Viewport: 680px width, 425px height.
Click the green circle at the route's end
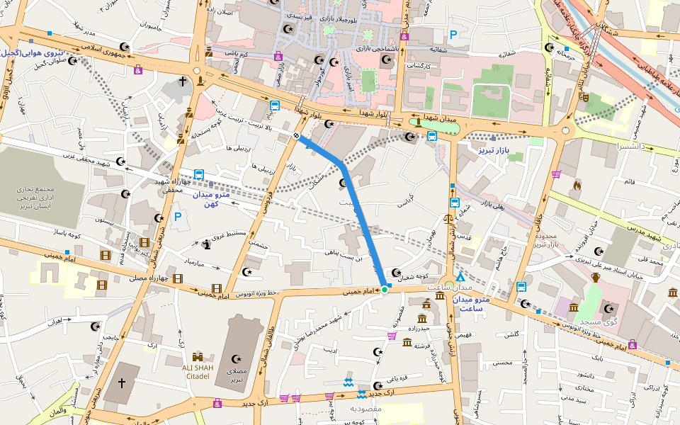click(x=385, y=289)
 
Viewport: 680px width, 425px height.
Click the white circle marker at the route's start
click(x=295, y=136)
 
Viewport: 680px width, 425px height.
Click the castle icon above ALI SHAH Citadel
click(x=198, y=357)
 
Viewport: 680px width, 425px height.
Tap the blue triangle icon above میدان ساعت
click(x=460, y=277)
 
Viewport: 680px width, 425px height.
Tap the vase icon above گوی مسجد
click(x=595, y=277)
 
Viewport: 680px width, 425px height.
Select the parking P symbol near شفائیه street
click(x=453, y=34)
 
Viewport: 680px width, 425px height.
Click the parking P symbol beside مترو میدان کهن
click(x=177, y=217)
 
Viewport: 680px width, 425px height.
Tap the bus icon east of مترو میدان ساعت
click(x=521, y=287)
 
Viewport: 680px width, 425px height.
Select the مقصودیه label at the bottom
click(x=366, y=409)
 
